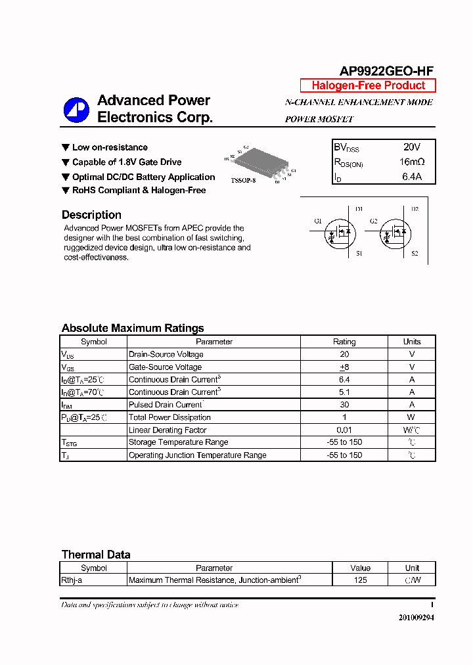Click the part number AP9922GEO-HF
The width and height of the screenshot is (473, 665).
pyautogui.click(x=386, y=72)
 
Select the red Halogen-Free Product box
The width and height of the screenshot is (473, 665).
pyautogui.click(x=368, y=85)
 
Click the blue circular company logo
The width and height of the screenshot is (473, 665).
pyautogui.click(x=76, y=110)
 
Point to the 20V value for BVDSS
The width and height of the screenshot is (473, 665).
pyautogui.click(x=411, y=147)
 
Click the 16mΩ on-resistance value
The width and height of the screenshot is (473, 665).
pyautogui.click(x=411, y=162)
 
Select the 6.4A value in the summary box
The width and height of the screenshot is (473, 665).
pyautogui.click(x=411, y=176)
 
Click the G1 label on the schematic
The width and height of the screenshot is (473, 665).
pyautogui.click(x=318, y=221)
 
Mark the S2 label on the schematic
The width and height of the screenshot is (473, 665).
pyautogui.click(x=415, y=253)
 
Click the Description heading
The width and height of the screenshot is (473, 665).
pyautogui.click(x=91, y=215)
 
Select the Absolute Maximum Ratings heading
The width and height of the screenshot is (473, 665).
pyautogui.click(x=133, y=328)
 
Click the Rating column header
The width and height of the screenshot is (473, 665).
pyautogui.click(x=344, y=342)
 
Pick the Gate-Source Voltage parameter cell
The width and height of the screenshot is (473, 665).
pyautogui.click(x=166, y=367)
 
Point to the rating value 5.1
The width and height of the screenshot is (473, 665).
pyautogui.click(x=344, y=392)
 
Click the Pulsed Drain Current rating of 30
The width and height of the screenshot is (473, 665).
pyautogui.click(x=344, y=405)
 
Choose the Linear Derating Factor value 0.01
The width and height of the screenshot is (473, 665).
pyautogui.click(x=344, y=430)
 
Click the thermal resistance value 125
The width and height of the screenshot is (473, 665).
pyautogui.click(x=360, y=580)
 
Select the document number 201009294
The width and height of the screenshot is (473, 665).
pyautogui.click(x=416, y=618)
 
